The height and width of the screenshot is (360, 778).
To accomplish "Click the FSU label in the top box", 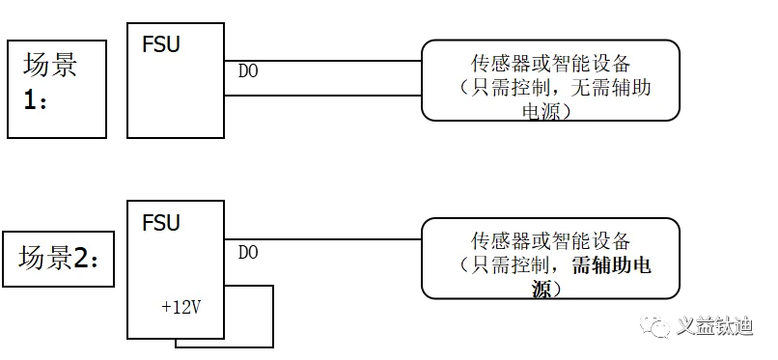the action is click(161, 44).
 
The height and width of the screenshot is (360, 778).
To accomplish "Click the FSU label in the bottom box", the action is click(161, 223).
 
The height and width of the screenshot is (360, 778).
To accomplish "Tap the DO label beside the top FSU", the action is click(248, 71).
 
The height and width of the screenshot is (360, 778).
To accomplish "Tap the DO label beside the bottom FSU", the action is click(248, 253).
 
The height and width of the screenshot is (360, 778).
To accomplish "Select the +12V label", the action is click(181, 308).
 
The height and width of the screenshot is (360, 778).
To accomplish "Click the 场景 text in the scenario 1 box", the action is click(50, 65).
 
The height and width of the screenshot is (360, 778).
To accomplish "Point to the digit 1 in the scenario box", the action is click(30, 100).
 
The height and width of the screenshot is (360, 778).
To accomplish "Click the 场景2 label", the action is click(59, 259).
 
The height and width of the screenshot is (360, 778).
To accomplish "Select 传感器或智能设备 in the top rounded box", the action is click(551, 64).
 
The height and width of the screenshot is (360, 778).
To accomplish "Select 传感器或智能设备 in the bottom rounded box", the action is click(551, 241).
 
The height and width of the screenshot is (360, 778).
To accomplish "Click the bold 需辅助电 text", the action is click(611, 265).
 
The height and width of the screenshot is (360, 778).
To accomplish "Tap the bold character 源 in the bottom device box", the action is click(542, 290).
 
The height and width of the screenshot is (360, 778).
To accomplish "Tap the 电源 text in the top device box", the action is click(542, 112).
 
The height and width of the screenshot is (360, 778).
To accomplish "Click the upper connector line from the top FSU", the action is click(323, 61).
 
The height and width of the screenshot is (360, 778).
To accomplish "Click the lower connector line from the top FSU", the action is click(323, 96).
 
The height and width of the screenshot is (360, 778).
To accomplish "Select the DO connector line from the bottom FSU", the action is click(323, 239).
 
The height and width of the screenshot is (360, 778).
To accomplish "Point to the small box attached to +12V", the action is click(272, 317).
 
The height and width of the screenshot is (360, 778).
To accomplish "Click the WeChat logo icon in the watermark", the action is click(655, 325).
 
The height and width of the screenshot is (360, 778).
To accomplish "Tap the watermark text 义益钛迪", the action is click(715, 326).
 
